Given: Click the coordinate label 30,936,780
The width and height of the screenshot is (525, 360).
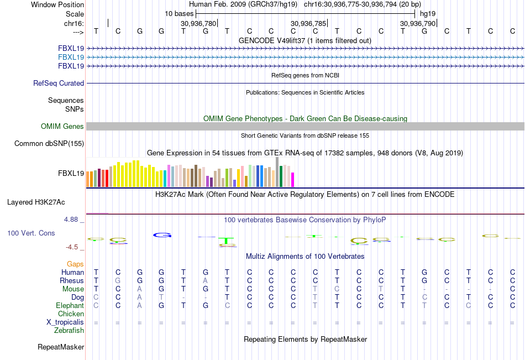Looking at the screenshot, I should point(198,23).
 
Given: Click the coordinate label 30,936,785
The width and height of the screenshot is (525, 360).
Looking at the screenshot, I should point(308,23).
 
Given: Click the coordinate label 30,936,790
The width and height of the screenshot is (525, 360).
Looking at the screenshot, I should point(418,23).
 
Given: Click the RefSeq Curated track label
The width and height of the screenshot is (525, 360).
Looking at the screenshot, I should point(59,83).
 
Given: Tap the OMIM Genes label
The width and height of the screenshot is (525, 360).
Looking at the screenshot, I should point(62,126).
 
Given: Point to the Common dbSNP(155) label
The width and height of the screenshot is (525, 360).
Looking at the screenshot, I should point(50,144).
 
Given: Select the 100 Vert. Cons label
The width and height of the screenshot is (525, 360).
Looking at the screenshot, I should point(31,233).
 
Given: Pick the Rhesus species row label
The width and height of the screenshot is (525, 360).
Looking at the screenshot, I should point(72,280).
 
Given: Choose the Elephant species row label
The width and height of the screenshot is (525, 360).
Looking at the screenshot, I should point(70,305).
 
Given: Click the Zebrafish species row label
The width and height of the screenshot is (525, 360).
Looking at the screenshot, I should point(69,330).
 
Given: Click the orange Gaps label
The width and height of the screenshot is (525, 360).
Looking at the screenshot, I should point(75,264).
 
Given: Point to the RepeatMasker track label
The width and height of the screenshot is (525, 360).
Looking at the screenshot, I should point(61,347).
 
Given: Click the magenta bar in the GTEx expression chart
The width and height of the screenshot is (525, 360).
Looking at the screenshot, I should point(292,179).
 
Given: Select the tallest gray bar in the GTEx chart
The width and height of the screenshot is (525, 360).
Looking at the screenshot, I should point(277,172).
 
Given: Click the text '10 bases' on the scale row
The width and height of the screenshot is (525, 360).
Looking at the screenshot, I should point(179,13).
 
